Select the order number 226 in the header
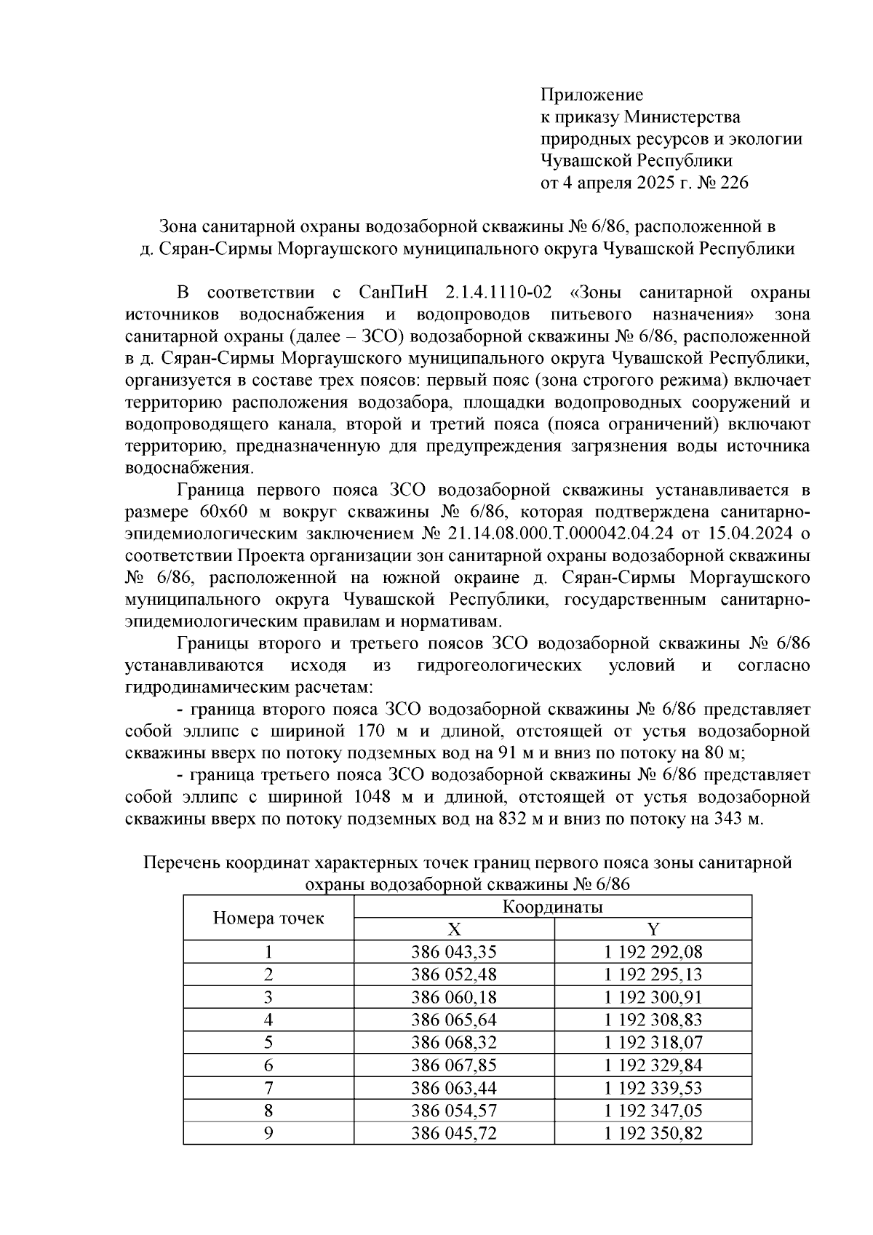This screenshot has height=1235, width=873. (733, 183)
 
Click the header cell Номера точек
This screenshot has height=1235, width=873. (268, 918)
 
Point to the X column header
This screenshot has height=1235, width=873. (453, 929)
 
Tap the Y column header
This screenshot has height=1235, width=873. (653, 929)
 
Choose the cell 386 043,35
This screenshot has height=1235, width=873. (453, 952)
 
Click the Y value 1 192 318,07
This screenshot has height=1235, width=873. (653, 1042)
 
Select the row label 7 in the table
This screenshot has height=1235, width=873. (268, 1087)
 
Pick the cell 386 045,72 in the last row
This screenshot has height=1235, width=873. (453, 1132)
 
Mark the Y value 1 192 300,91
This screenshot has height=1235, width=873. (653, 997)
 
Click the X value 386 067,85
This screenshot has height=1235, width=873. (453, 1065)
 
